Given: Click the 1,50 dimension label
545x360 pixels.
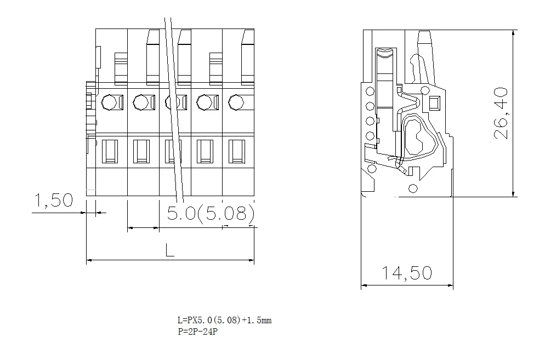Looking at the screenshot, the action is click(54, 201).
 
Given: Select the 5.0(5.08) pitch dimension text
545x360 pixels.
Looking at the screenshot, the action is click(211, 213).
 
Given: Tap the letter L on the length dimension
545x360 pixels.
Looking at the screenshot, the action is click(169, 250).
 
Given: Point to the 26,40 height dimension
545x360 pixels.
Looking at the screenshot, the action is click(501, 113).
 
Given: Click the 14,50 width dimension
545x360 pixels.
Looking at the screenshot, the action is click(407, 273).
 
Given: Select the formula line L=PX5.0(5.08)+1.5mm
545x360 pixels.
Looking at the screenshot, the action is click(225, 320).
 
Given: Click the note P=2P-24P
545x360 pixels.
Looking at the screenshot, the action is click(198, 332).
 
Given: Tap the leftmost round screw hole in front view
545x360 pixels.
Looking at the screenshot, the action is click(109, 102).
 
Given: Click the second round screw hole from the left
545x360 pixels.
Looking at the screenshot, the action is click(141, 102).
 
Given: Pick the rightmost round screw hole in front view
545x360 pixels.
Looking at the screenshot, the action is click(236, 102).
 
